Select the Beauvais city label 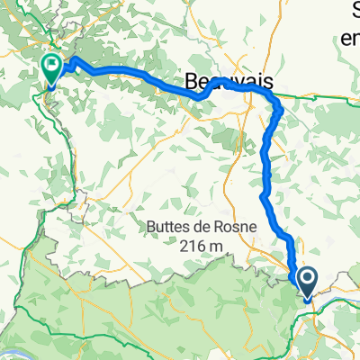click(229, 82)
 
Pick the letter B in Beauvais click(192, 82)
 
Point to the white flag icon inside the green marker click(51, 65)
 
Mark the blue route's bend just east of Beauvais click(280, 110)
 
